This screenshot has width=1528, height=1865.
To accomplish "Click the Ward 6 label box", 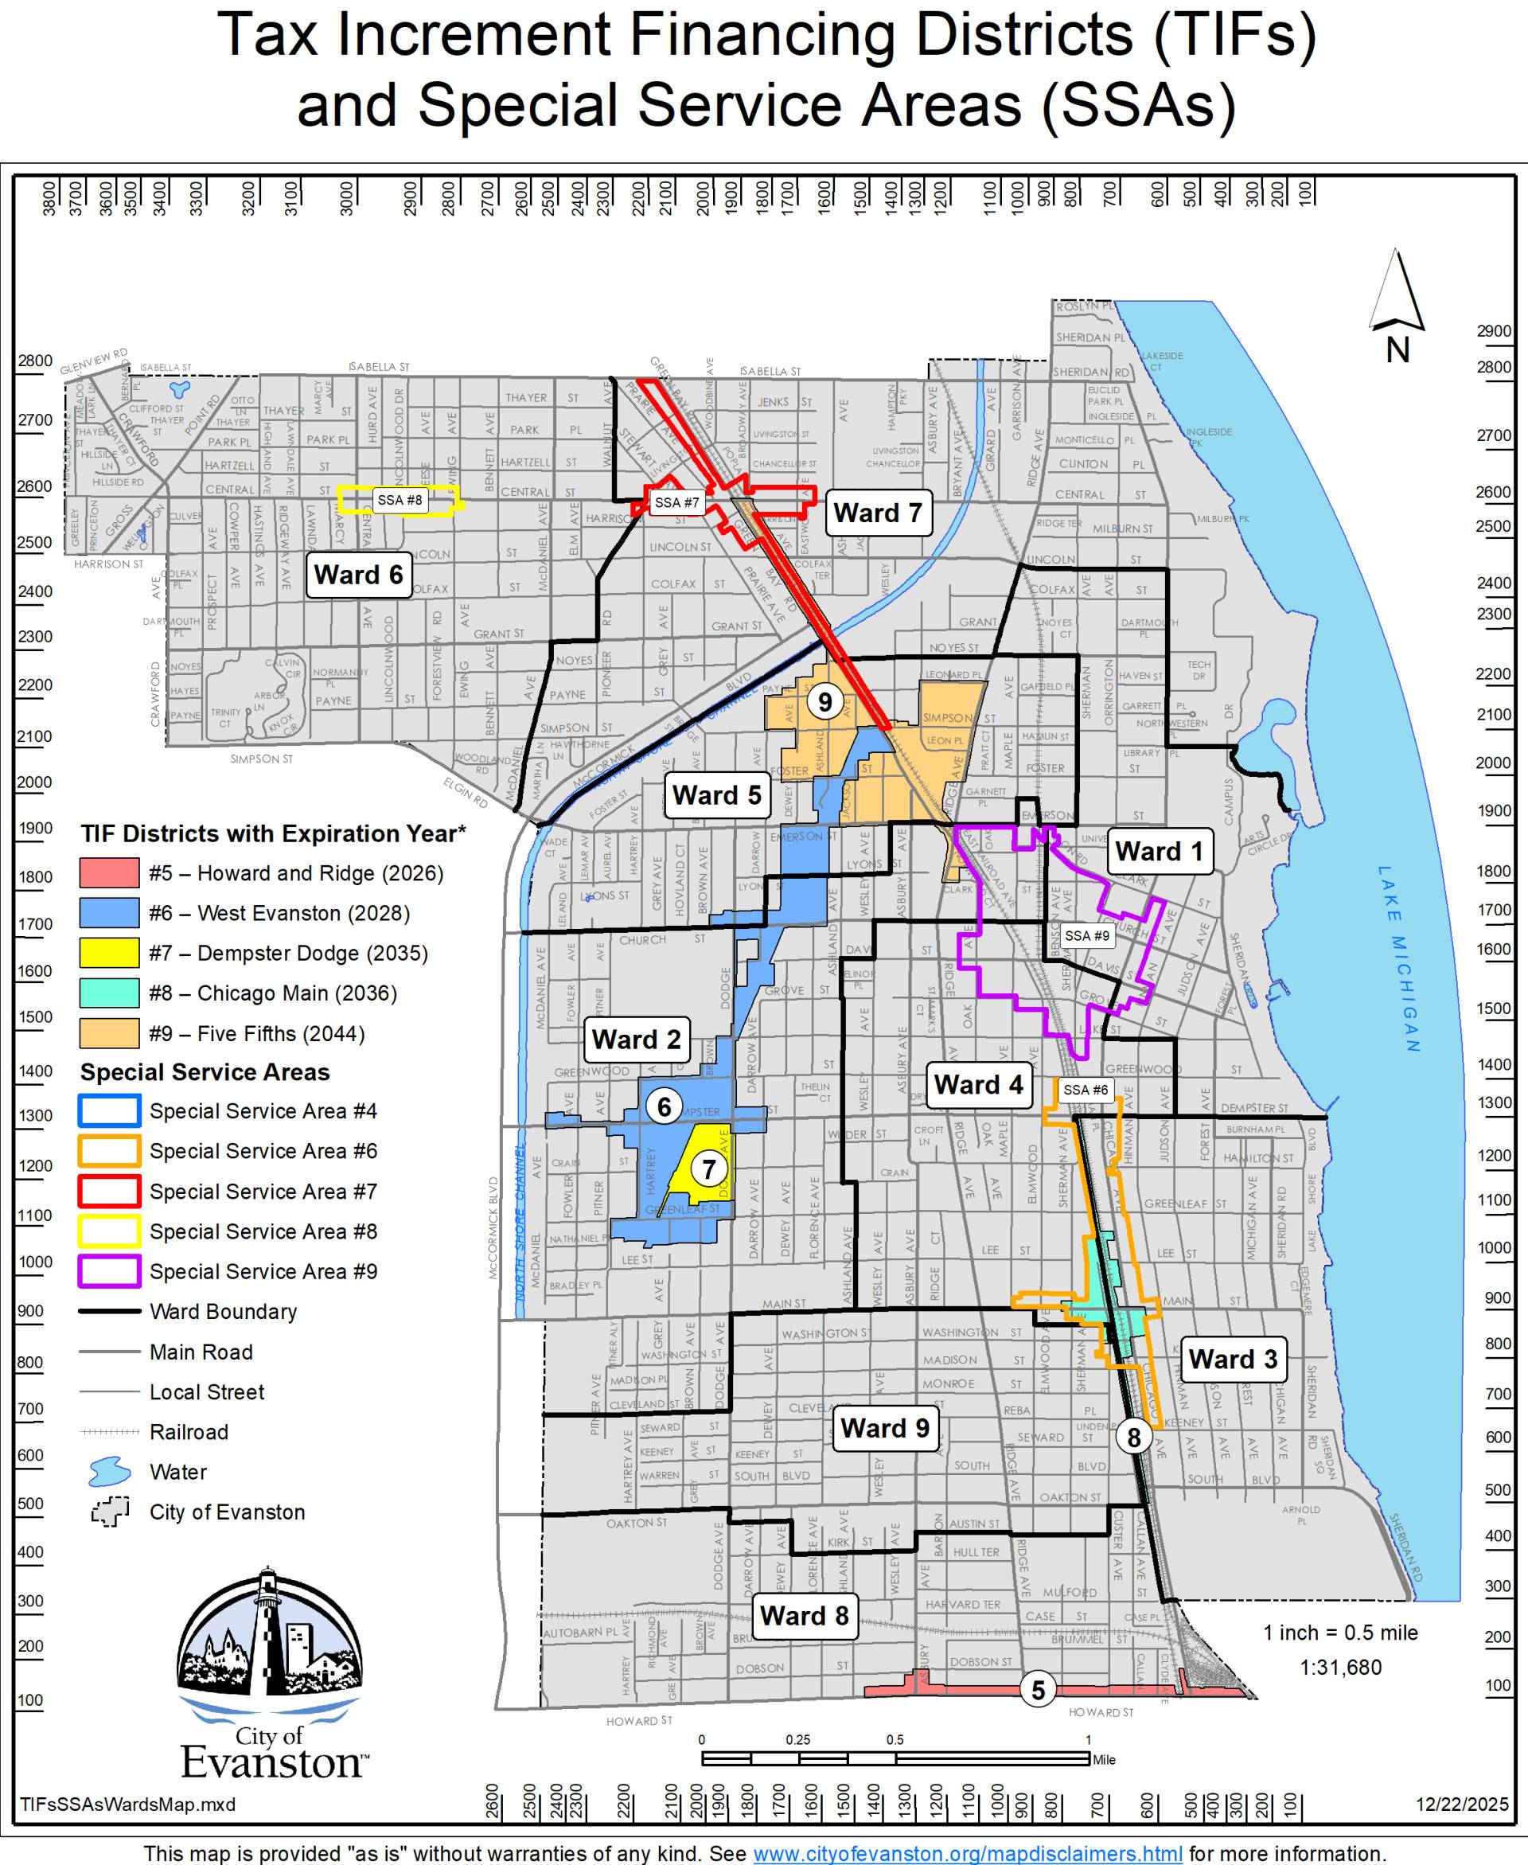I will pos(358,575).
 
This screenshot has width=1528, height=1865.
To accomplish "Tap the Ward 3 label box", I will pos(1232,1359).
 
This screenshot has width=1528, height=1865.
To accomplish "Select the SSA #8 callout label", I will pos(400,500).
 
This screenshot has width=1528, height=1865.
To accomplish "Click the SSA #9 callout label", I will pos(1087,935).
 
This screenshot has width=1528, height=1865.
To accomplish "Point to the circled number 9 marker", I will pos(824,701).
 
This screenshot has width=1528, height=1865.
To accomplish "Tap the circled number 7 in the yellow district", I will pos(708,1169).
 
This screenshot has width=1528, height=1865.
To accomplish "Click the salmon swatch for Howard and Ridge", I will pos(109,873).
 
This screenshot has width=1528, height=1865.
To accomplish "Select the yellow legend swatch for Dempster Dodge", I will pos(109,953).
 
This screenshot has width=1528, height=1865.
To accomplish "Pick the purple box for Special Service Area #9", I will pos(109,1272).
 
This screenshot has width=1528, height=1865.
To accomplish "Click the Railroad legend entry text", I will pos(189,1432).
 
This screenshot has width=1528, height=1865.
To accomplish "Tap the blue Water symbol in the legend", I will pos(109,1472).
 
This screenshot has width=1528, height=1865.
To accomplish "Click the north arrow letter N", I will pos(1397,350).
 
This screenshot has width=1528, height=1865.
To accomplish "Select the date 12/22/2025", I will pos(1462,1805).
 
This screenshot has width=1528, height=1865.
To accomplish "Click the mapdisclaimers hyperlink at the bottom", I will pos(967,1854).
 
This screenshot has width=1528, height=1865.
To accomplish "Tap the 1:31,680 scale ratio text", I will pos(1340,1667).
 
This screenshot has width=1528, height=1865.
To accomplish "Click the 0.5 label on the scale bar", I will pos(895,1740).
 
